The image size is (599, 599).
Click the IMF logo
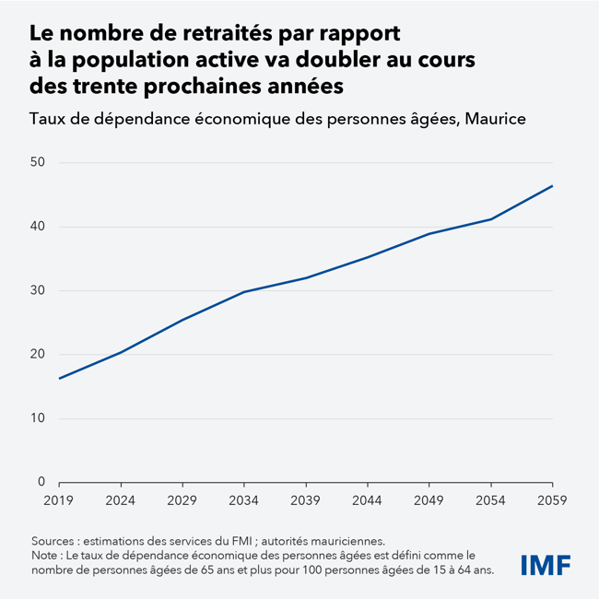545,563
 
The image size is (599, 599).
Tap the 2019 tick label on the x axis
59,499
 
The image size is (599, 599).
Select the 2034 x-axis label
243,499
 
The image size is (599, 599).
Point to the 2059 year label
552,499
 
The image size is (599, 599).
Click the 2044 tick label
367,499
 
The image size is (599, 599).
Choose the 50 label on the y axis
38,163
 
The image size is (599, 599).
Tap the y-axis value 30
38,291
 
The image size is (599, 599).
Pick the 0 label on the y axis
41,482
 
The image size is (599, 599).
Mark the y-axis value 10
38,418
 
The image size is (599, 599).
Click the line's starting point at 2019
59,378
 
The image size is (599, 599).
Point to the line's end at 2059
552,186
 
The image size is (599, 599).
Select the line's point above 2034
243,292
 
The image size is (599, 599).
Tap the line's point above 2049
429,234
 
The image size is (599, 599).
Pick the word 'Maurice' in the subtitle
494,119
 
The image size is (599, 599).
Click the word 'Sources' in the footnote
56,541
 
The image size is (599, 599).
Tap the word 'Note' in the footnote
47,556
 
